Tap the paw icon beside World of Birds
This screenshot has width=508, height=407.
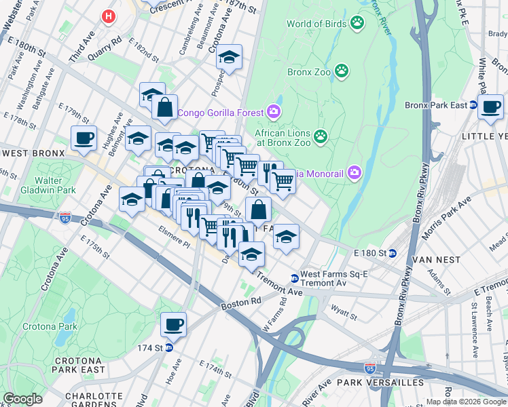pos(357,24)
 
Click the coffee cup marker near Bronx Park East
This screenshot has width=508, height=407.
pos(490,107)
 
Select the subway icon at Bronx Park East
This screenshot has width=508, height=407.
pos(473,105)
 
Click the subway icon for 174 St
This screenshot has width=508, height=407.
pos(169,347)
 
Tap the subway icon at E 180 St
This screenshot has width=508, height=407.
pos(393,253)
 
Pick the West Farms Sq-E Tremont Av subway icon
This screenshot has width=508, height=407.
pos(294,277)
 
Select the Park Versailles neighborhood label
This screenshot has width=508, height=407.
pos(390,383)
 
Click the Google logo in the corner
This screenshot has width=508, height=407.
pos(23,398)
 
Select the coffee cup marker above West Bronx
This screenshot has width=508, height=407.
pos(84,138)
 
